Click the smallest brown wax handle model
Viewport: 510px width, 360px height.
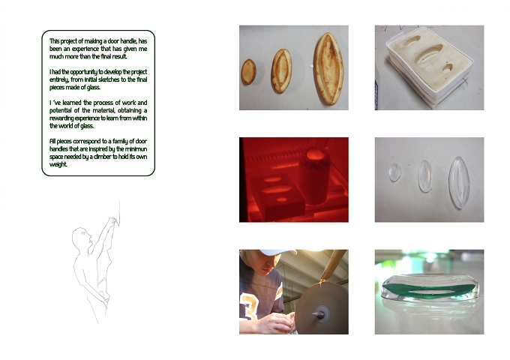click(248, 71)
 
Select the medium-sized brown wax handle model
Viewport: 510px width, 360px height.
click(282, 71)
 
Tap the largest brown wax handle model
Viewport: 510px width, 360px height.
click(328, 68)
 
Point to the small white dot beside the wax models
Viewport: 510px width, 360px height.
click(311, 66)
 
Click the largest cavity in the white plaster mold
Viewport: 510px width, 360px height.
click(430, 53)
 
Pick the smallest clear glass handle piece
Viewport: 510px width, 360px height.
click(394, 172)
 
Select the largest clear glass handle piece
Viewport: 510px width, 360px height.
click(459, 182)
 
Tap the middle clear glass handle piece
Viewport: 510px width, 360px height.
click(425, 176)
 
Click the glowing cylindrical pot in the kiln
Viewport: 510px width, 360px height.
click(313, 176)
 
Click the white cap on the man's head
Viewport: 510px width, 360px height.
click(277, 252)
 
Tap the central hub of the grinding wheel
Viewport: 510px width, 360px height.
click(319, 315)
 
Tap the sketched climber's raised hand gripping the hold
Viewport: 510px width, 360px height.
click(112, 221)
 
